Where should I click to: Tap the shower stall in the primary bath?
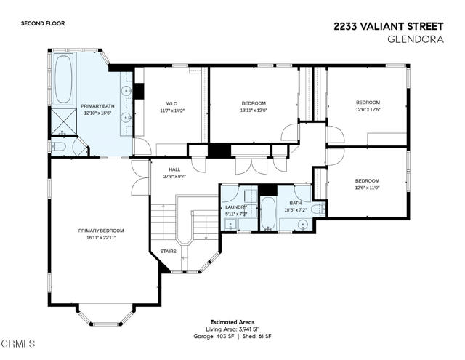point(62,119)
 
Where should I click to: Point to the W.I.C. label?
point(172,103)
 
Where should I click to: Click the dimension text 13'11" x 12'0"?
point(254,111)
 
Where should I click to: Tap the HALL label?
point(174,169)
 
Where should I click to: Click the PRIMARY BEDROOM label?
point(97,231)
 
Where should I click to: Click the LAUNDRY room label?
point(236,207)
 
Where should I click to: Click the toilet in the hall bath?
point(318,207)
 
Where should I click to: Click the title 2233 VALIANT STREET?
point(389,25)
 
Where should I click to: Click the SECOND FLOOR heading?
point(44,24)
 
